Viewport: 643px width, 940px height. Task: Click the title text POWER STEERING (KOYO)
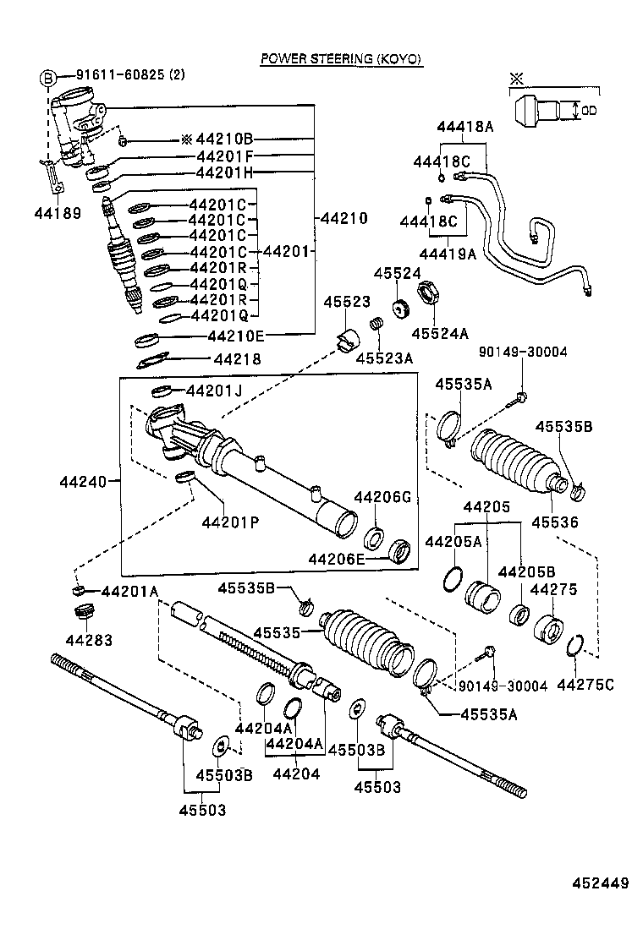coord(340,59)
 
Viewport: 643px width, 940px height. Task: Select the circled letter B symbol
coord(48,79)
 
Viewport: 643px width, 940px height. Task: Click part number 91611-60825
coord(121,75)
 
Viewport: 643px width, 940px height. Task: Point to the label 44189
coord(60,213)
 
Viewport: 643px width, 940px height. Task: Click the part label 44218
coord(238,359)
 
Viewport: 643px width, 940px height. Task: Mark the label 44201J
coord(214,391)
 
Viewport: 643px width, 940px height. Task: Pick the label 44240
coord(83,483)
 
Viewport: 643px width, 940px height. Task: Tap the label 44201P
coord(229,522)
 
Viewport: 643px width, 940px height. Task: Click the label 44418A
coord(464,127)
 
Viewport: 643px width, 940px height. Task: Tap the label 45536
coord(555,522)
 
